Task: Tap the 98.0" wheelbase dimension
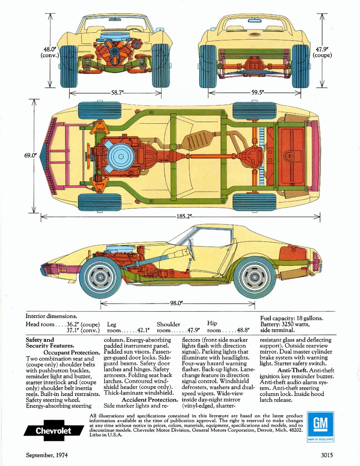point(176,303)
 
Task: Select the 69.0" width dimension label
point(30,155)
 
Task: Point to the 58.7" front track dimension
point(117,92)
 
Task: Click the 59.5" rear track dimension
point(258,92)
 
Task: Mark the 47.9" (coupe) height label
point(322,52)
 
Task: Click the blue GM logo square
point(320,426)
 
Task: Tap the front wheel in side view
point(100,277)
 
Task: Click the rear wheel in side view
point(254,277)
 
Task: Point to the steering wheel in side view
point(191,250)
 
